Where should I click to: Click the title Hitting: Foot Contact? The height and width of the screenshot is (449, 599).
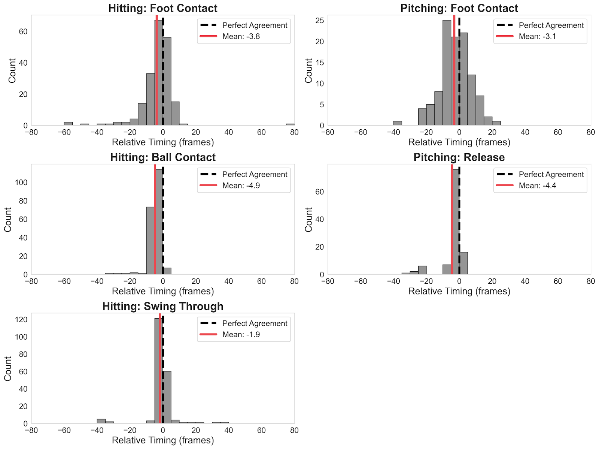[x=163, y=8]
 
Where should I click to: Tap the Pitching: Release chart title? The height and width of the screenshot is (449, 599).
[x=459, y=157]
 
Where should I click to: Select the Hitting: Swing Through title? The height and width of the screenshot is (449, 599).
[x=163, y=306]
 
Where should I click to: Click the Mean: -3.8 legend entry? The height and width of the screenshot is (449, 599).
[x=241, y=36]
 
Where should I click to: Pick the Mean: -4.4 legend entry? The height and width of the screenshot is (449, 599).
[x=537, y=186]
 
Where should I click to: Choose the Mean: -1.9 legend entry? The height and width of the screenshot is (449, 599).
[x=241, y=334]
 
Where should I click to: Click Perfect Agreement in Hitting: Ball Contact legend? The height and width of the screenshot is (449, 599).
[x=255, y=174]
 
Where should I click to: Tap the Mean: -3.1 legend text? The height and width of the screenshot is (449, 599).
[x=537, y=36]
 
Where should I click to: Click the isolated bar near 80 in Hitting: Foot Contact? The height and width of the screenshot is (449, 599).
[x=290, y=124]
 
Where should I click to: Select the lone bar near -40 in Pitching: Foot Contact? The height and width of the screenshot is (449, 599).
[x=398, y=123]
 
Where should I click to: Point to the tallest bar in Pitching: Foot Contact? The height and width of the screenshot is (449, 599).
[x=447, y=73]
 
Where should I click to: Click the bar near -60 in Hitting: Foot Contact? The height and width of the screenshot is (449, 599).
[x=68, y=124]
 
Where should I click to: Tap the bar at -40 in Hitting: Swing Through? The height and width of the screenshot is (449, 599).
[x=101, y=421]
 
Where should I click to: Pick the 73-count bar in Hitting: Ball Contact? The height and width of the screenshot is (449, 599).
[x=150, y=241]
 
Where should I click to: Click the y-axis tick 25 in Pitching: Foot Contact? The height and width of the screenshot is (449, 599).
[x=319, y=21]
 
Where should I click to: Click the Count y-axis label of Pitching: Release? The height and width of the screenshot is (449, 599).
[x=308, y=220]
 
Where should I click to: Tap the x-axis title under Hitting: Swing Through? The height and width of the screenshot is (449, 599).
[x=163, y=440]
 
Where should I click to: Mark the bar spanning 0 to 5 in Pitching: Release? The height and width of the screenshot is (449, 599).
[x=463, y=263]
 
